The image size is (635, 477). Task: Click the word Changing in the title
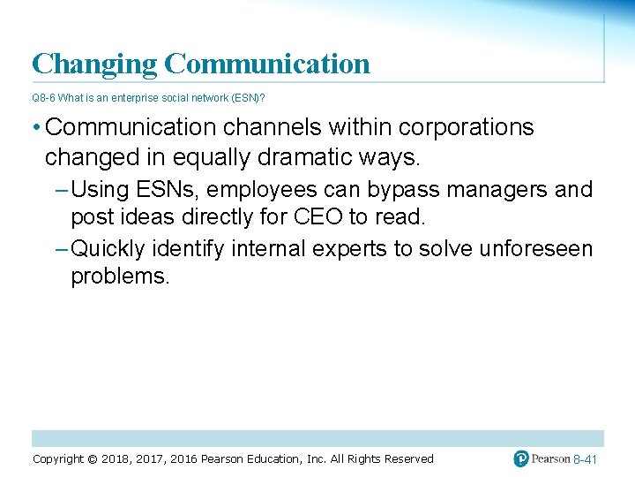(x=94, y=64)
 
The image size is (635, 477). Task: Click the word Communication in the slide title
(x=266, y=64)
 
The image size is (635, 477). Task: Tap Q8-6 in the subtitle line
(x=43, y=98)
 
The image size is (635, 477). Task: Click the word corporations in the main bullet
(x=467, y=127)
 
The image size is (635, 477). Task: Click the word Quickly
(x=109, y=249)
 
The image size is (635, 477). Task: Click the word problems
(x=119, y=276)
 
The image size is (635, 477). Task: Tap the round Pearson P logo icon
(x=521, y=459)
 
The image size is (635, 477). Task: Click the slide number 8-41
(x=586, y=460)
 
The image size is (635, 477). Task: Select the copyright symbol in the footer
(x=93, y=459)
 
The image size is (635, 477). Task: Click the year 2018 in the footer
(x=116, y=459)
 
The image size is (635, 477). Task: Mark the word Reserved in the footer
(x=408, y=459)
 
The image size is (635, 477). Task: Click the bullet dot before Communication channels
(x=35, y=128)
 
